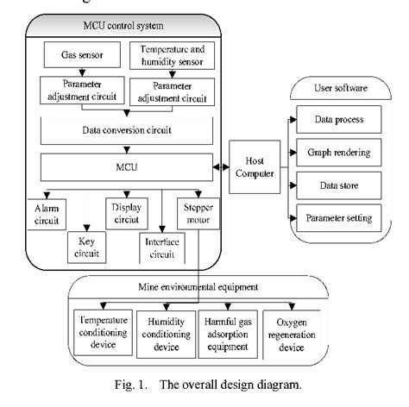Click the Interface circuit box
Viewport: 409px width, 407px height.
coord(160,247)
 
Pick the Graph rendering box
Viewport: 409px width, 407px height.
coord(338,153)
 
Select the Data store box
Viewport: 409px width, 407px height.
coord(338,185)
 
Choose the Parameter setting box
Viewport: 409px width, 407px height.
coord(338,217)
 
